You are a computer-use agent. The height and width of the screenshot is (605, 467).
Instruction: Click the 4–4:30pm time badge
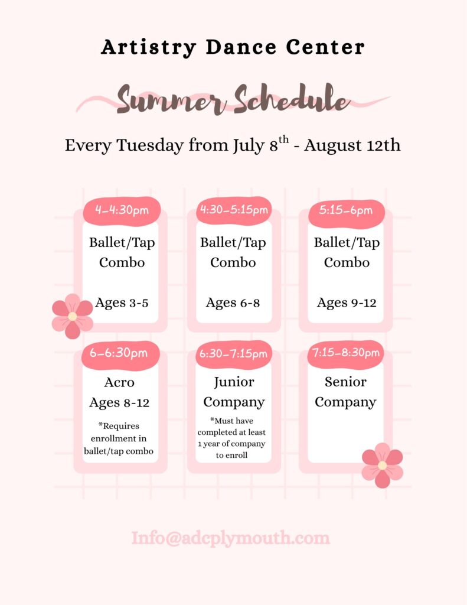[x=122, y=210]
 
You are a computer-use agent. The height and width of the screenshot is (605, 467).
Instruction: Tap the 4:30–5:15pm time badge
[x=234, y=210]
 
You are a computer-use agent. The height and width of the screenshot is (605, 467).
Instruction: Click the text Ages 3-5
[x=122, y=303]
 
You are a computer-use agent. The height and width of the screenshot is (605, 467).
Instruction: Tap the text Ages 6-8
[x=233, y=303]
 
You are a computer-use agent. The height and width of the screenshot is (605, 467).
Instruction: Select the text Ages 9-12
[x=347, y=303]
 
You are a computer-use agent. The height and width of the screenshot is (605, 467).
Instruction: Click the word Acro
[x=119, y=382]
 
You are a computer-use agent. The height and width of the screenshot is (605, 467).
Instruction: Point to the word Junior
[x=234, y=382]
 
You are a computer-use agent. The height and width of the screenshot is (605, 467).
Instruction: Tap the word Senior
[x=345, y=382]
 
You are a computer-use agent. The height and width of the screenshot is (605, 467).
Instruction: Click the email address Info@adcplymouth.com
[x=231, y=538]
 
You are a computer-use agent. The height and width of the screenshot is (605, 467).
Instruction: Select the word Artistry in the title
[x=148, y=47]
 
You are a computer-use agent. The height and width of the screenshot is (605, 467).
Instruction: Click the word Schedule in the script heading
[x=292, y=99]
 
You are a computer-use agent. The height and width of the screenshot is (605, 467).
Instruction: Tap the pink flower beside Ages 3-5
[x=73, y=317]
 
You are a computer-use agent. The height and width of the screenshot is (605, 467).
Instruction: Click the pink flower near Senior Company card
[x=382, y=466]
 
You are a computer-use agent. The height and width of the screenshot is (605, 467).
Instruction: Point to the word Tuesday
[x=150, y=146]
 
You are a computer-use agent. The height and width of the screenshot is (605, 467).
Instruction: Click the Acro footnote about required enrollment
[x=119, y=439]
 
